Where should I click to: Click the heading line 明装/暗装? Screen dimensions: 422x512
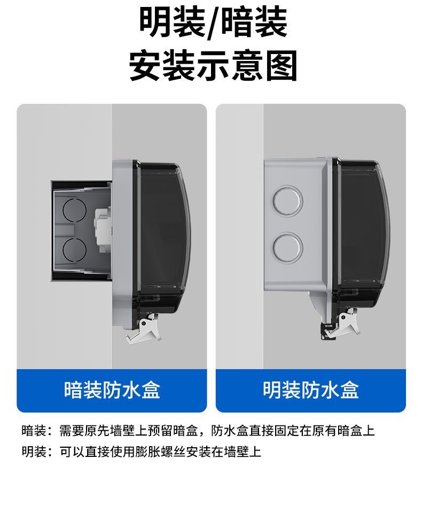click(213, 23)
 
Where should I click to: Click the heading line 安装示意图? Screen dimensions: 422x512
click(213, 65)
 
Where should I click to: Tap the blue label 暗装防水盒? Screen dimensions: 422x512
click(112, 389)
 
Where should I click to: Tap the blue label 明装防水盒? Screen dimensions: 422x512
click(311, 389)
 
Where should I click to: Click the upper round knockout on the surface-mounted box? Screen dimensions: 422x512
click(287, 201)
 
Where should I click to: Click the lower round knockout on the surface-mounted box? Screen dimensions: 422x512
click(287, 248)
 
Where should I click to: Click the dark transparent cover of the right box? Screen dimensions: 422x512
click(363, 235)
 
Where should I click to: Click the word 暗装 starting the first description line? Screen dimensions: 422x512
click(34, 431)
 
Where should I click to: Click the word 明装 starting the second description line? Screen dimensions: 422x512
click(34, 452)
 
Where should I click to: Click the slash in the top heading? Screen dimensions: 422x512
click(213, 24)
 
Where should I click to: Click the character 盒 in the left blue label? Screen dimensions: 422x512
click(151, 389)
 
